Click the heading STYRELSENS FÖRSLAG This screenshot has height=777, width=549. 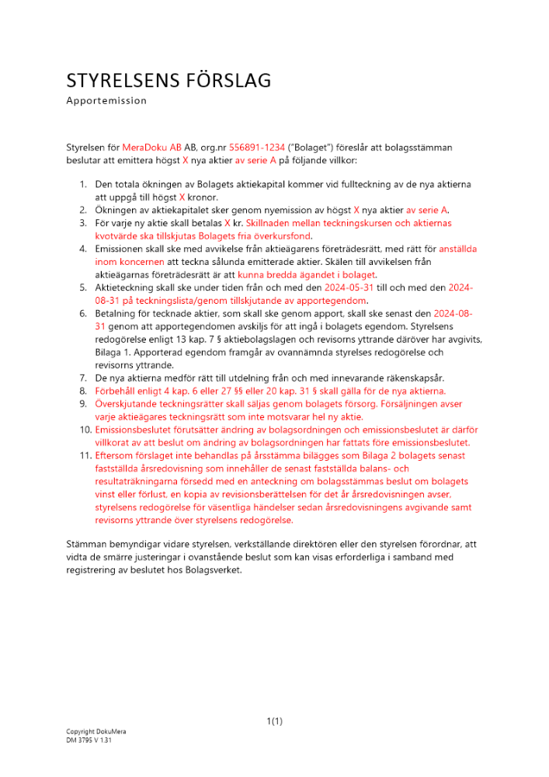[169, 81]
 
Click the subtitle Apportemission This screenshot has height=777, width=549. [106, 100]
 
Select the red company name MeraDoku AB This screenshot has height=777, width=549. [151, 147]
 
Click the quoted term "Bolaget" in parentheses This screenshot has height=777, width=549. [314, 147]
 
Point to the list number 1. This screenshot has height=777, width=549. [84, 185]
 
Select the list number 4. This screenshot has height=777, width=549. [84, 249]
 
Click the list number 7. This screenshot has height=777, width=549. [84, 378]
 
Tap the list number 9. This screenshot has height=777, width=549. [84, 404]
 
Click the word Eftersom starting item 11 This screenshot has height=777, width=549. [116, 455]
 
